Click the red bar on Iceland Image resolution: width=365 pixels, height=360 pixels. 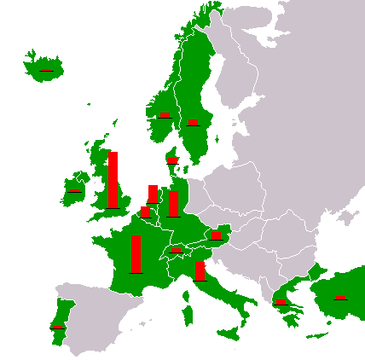(46, 70)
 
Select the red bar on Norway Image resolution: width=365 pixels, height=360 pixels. (165, 114)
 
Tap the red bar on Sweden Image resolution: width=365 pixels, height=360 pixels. (194, 122)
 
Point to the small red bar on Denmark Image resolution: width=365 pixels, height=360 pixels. (172, 160)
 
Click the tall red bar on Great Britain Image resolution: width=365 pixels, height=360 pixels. (113, 180)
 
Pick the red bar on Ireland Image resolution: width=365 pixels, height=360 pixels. (75, 190)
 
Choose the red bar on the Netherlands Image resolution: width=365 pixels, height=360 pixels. (153, 194)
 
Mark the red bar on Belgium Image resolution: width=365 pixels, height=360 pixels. (145, 212)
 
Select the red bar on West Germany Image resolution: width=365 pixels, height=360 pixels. (173, 204)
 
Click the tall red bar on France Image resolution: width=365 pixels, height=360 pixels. (136, 253)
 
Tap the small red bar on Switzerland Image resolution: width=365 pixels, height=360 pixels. (176, 250)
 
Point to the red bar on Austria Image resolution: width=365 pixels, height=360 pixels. (217, 235)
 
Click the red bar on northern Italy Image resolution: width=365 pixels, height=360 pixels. (200, 271)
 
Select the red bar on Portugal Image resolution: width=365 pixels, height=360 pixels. (58, 326)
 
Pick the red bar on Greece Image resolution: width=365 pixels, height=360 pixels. (281, 302)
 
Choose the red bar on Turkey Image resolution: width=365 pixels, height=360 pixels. (340, 298)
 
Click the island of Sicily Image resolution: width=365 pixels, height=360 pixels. (228, 330)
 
